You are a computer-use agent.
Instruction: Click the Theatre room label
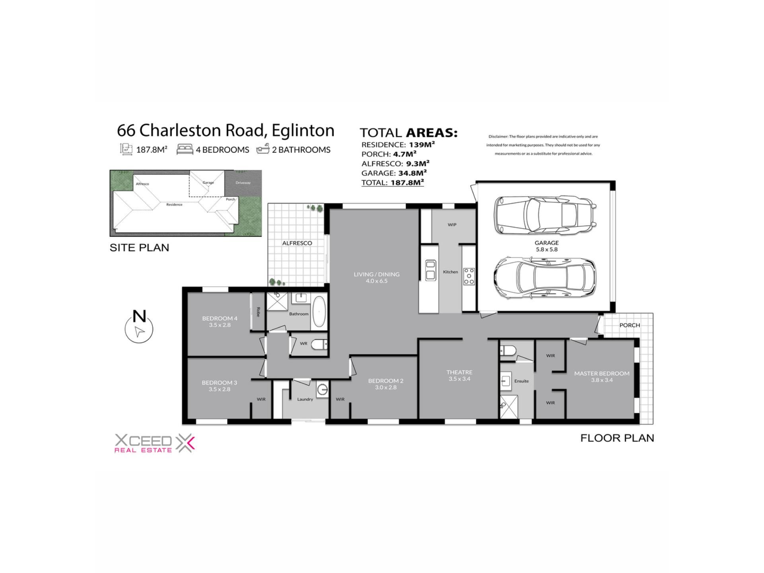point(459,372)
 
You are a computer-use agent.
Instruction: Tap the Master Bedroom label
point(602,373)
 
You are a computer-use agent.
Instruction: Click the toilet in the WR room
point(319,344)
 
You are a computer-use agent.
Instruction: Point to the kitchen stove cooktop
point(469,276)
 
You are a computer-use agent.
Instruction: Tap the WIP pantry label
point(452,225)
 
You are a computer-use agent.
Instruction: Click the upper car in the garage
point(545,215)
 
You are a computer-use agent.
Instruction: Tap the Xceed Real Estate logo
point(155,443)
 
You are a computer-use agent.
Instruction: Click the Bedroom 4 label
point(220,318)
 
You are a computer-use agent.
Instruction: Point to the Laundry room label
point(305,399)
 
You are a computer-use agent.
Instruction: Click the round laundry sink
point(322,389)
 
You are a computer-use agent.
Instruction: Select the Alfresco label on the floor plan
point(297,243)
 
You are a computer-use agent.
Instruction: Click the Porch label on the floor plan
point(630,325)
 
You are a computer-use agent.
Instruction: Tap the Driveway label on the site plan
point(243,183)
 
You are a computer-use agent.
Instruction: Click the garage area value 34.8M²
point(413,173)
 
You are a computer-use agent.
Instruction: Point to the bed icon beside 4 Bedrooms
point(185,149)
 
